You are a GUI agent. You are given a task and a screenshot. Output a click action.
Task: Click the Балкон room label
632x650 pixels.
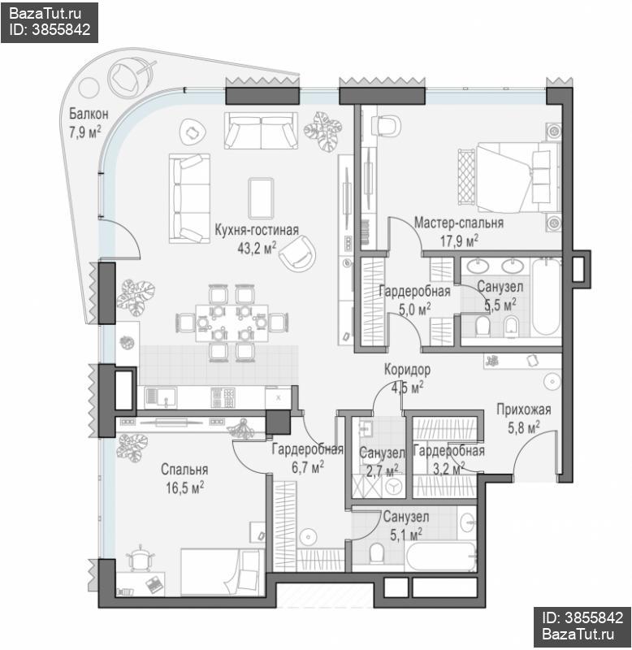[89, 114]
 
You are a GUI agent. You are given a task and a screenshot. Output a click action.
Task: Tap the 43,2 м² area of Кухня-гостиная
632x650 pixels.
[257, 248]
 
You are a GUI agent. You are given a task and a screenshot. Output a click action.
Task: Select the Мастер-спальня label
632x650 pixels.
[459, 223]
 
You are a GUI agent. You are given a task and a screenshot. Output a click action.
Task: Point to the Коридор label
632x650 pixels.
[407, 369]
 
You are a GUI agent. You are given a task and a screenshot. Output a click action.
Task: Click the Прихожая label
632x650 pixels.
[524, 409]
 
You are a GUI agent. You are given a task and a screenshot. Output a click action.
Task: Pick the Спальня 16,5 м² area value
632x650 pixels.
[185, 488]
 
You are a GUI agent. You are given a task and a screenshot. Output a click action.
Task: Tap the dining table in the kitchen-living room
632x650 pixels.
[232, 323]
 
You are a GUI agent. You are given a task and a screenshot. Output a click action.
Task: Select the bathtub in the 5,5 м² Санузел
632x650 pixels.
[546, 297]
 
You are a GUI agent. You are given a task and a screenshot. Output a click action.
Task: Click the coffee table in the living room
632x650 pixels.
[261, 198]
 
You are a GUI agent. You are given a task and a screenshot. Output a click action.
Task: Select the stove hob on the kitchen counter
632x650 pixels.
[223, 398]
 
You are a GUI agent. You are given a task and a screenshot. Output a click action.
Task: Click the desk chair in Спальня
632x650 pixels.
[141, 558]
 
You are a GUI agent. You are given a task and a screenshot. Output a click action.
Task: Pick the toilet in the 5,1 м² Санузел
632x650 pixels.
[377, 553]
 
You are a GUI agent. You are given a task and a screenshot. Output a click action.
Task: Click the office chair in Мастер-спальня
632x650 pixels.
[386, 125]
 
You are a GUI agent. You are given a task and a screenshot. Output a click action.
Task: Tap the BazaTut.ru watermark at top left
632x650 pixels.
[45, 14]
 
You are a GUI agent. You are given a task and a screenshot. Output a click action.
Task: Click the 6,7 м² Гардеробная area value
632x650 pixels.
[308, 468]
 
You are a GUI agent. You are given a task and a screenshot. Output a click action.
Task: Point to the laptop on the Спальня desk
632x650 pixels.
[154, 584]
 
